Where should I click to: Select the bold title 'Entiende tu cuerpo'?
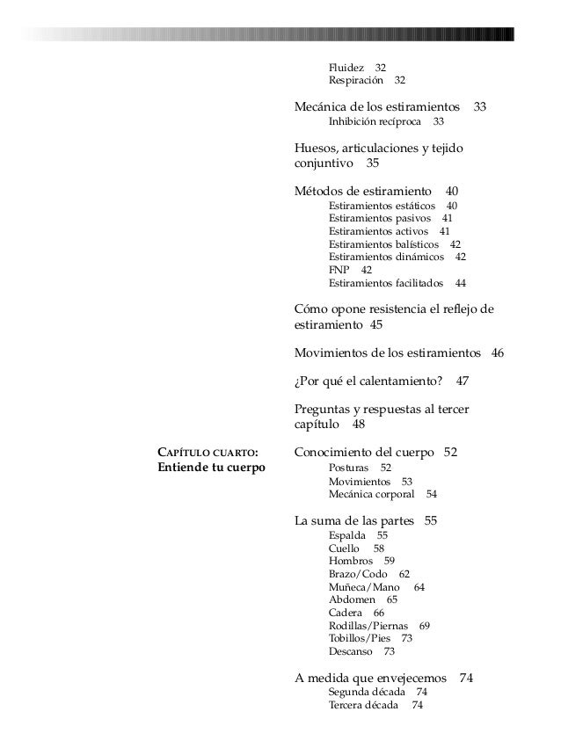pos(212,468)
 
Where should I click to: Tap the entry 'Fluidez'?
pos(346,68)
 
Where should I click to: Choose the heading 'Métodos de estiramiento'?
pos(363,191)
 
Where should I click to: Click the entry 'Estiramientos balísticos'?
pos(383,244)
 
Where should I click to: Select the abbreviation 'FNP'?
pos(339,270)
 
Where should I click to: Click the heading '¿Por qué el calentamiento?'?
pos(367,381)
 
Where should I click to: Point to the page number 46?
pos(497,353)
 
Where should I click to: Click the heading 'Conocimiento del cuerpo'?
pos(364,453)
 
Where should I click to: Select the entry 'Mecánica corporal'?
pos(371,495)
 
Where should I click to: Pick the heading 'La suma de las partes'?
pos(353,521)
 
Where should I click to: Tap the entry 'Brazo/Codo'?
pos(357,574)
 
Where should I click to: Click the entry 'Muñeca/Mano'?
pos(364,587)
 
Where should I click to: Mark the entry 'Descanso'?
pos(350,652)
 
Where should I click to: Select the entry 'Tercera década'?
pos(363,705)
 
